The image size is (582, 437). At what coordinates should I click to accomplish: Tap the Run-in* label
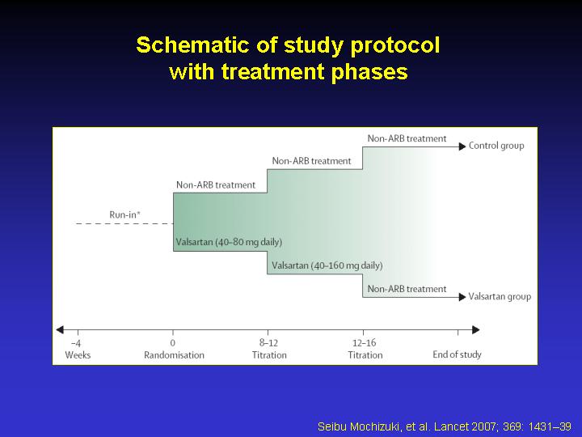[125, 214]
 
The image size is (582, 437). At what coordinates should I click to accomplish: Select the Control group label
[496, 146]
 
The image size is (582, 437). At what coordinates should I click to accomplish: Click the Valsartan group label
[500, 296]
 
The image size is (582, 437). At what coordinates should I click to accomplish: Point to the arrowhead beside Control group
[462, 146]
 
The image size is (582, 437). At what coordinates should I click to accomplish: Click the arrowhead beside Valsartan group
[462, 297]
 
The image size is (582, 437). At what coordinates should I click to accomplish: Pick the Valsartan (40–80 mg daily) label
[229, 242]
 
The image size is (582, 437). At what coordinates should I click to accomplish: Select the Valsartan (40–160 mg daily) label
[327, 265]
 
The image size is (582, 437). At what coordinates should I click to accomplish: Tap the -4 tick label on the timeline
[76, 343]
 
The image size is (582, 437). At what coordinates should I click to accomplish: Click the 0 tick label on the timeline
[173, 342]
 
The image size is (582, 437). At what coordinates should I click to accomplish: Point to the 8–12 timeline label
[268, 342]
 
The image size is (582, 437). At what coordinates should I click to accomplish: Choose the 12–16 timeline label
[365, 342]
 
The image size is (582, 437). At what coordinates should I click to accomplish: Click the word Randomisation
[174, 355]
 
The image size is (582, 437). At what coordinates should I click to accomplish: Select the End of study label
[457, 354]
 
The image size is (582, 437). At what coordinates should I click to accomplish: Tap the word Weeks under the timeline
[78, 355]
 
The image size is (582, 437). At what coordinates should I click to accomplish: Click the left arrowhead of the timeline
[60, 329]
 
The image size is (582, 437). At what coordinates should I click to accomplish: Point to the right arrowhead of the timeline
[476, 329]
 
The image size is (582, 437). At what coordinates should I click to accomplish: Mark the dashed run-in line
[124, 223]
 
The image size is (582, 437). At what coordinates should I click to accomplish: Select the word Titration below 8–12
[269, 355]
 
